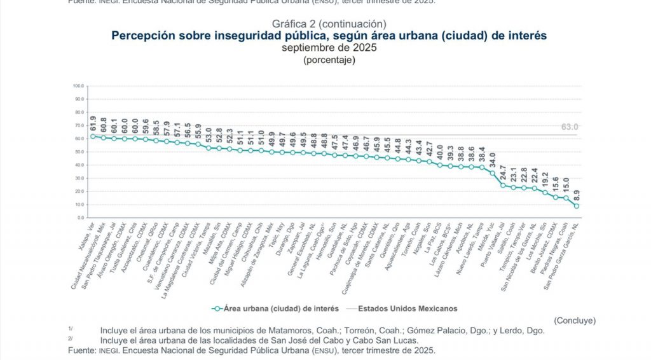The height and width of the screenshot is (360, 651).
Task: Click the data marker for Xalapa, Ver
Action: click(x=93, y=136)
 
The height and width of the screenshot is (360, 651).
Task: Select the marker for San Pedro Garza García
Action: click(x=577, y=206)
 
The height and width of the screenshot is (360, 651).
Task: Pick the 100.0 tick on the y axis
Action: click(x=78, y=85)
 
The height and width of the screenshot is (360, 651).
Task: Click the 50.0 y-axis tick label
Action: click(x=79, y=151)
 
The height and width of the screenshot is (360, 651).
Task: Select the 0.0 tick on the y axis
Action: click(x=80, y=218)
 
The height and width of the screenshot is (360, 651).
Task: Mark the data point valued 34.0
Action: click(x=492, y=173)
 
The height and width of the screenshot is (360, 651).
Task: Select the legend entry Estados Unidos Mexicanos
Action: click(x=408, y=308)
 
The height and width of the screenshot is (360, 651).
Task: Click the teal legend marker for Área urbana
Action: click(x=217, y=308)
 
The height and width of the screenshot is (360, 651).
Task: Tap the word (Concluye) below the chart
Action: click(x=574, y=320)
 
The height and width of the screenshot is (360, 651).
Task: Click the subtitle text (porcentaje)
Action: click(x=329, y=60)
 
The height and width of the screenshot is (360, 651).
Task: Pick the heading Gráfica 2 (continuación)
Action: click(x=329, y=24)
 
